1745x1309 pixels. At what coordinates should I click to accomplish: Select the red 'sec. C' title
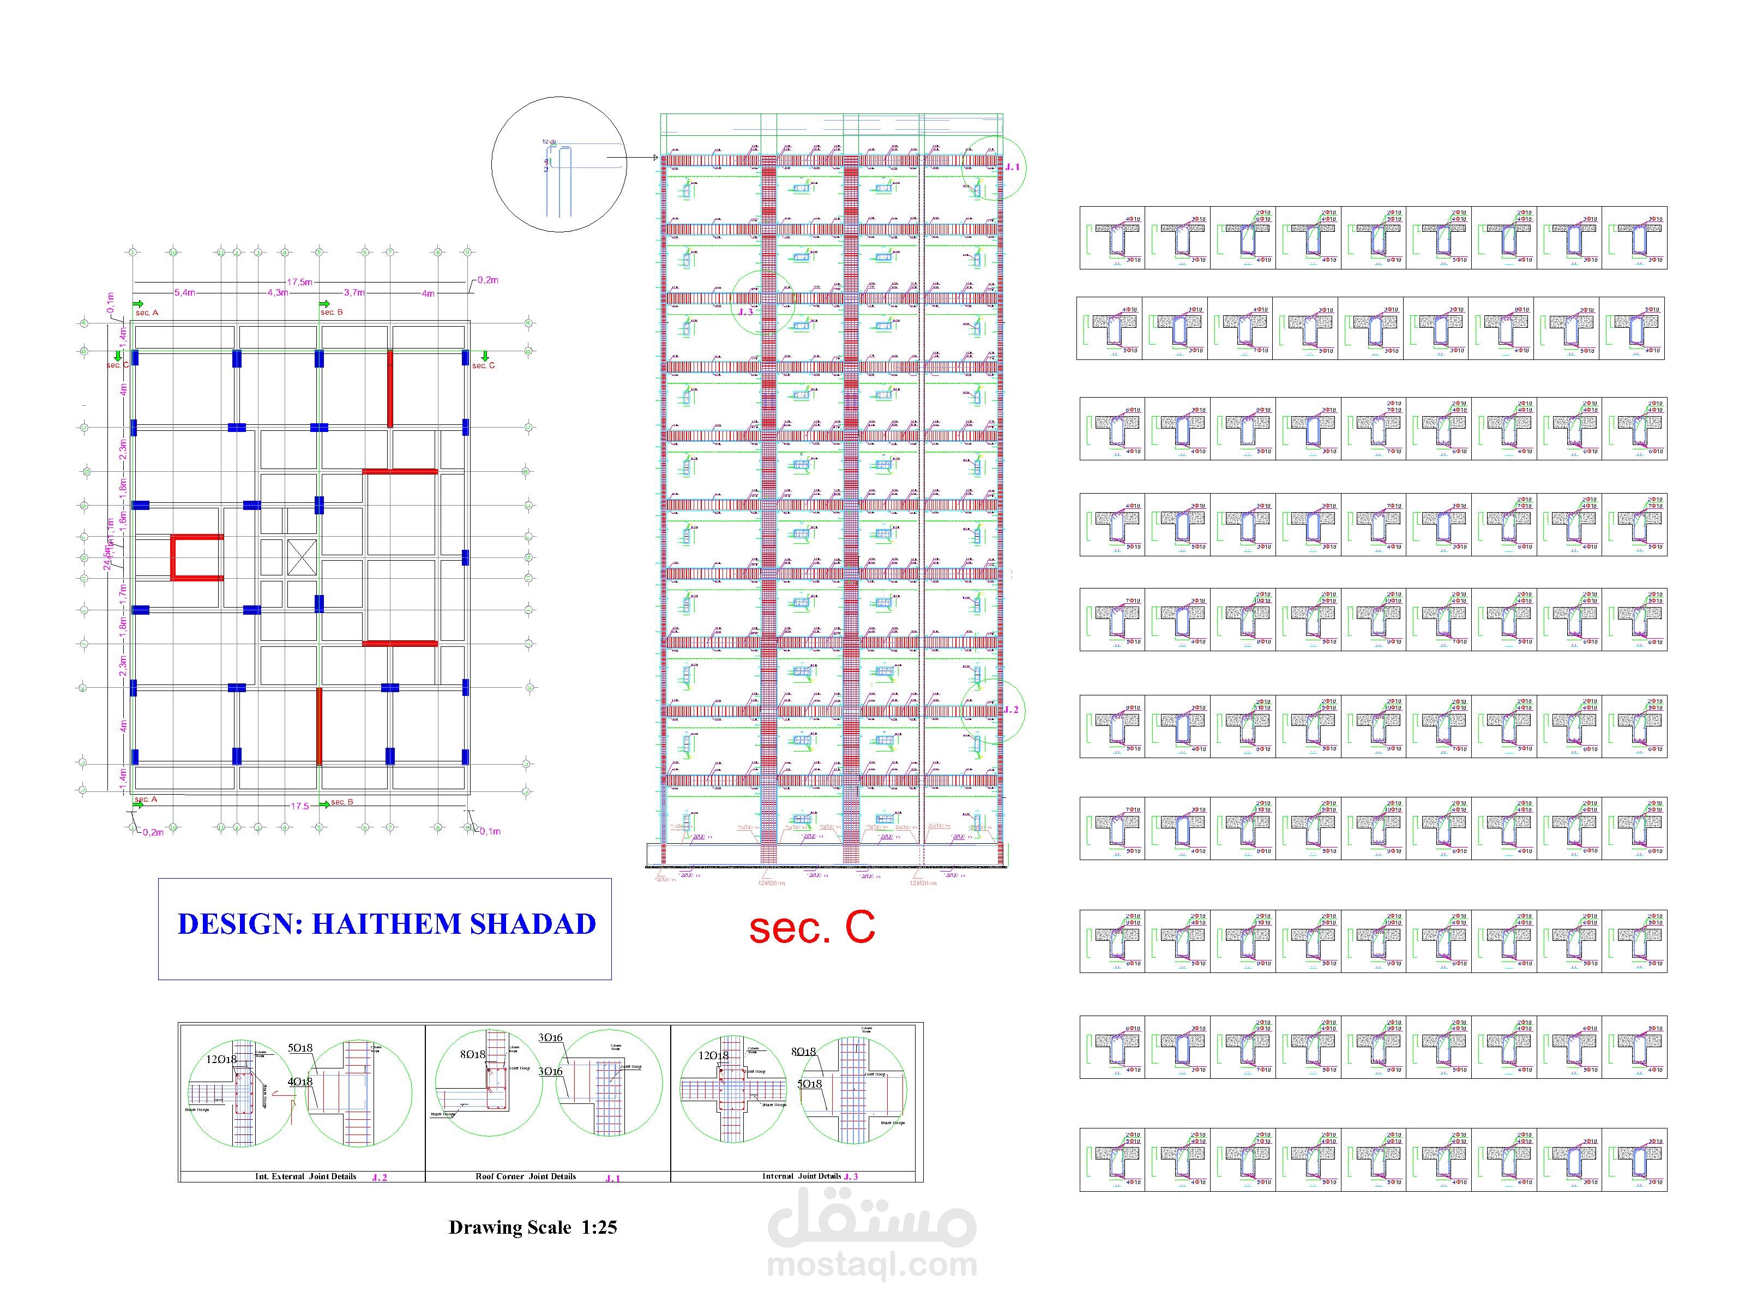click(x=812, y=928)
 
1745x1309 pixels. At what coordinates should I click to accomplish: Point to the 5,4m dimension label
click(x=185, y=293)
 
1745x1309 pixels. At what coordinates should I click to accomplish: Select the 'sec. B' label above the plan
click(x=332, y=311)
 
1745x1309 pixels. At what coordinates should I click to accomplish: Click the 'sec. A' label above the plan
click(x=147, y=313)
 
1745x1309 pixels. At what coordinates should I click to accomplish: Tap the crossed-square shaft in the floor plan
click(x=302, y=557)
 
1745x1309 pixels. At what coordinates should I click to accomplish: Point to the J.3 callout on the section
click(x=745, y=311)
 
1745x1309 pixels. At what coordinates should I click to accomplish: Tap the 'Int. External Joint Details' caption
click(x=305, y=1176)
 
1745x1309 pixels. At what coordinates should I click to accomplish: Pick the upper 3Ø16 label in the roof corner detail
click(x=551, y=1037)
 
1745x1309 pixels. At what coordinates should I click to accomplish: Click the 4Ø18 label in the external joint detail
click(x=300, y=1082)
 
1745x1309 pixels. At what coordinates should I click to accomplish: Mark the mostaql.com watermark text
click(x=872, y=1265)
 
